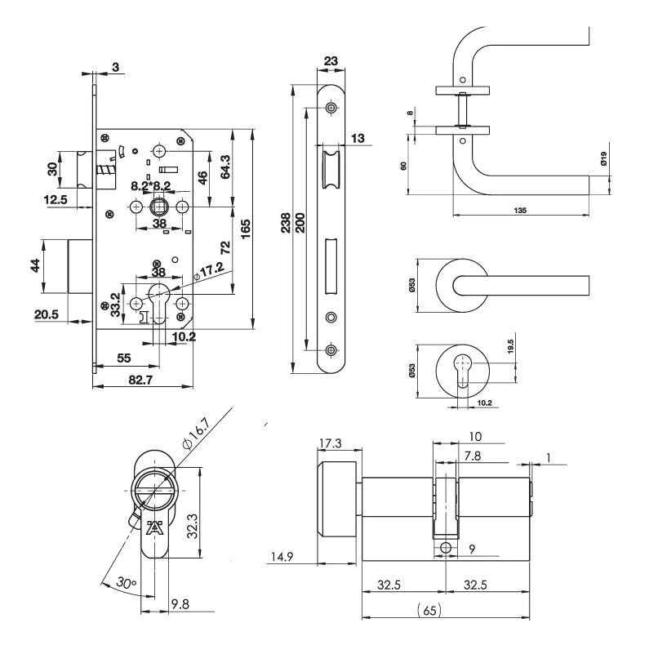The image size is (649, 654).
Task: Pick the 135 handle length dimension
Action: point(520,210)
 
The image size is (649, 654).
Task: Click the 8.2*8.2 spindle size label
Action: point(150,186)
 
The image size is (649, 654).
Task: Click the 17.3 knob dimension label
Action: point(330,443)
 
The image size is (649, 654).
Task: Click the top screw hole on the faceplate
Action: point(331,108)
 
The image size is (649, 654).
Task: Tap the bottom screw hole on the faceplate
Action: point(331,350)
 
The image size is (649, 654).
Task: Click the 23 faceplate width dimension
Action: point(331,60)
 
